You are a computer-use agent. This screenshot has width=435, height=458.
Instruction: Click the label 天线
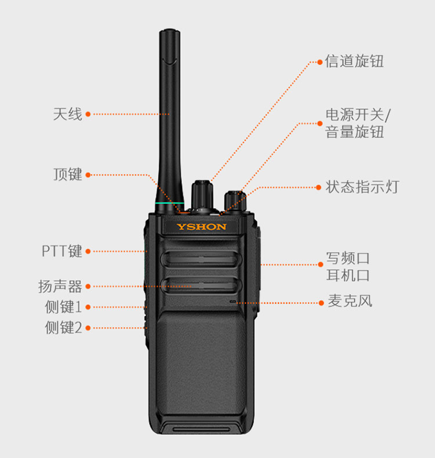click(67, 114)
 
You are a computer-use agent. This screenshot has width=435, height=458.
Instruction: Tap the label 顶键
click(67, 175)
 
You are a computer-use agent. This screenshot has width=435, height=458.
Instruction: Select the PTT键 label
click(62, 251)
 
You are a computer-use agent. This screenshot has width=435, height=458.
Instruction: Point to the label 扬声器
click(60, 286)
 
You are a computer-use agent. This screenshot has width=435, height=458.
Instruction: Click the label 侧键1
click(63, 307)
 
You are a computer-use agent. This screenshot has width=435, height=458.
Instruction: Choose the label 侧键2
click(63, 328)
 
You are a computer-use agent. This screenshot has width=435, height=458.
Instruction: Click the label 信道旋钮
click(354, 61)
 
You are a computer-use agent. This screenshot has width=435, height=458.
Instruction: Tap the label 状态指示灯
click(362, 187)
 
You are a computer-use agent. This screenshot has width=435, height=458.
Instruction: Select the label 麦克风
click(350, 301)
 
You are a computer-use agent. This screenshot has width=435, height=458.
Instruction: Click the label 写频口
click(348, 258)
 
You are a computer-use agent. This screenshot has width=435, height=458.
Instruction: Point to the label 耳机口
click(348, 275)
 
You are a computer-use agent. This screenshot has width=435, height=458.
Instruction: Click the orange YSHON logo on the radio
click(202, 227)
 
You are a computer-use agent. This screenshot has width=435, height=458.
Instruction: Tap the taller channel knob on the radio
click(202, 195)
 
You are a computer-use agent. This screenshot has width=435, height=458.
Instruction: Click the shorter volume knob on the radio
click(235, 201)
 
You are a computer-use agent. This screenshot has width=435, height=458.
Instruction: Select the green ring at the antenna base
click(169, 203)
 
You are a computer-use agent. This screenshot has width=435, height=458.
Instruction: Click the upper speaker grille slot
click(201, 259)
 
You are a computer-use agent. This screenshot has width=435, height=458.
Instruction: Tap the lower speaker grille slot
click(201, 285)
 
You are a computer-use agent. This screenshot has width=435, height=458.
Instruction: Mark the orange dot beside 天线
click(88, 114)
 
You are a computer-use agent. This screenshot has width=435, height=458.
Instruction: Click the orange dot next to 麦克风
click(321, 303)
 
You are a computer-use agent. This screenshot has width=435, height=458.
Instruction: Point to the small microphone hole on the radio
click(233, 301)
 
